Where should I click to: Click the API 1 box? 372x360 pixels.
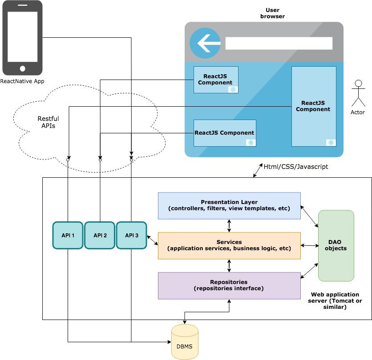point(68,235)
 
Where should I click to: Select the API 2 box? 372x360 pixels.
point(100,235)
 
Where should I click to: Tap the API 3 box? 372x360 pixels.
point(132,235)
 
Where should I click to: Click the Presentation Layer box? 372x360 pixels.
point(229,205)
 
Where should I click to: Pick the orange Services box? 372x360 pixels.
point(229,245)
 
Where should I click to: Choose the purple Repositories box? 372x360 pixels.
point(229,285)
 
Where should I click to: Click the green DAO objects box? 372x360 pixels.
point(336,245)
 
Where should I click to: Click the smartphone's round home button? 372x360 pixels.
point(22,68)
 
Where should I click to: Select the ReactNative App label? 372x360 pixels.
point(22,81)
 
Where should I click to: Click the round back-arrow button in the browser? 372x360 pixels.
point(205,43)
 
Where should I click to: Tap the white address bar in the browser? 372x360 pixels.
point(279,43)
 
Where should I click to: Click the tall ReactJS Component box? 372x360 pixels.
point(314,106)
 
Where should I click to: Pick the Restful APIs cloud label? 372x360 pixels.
point(48,122)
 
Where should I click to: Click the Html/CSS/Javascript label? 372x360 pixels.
point(296,167)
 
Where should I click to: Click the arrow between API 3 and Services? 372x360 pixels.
point(152,240)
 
